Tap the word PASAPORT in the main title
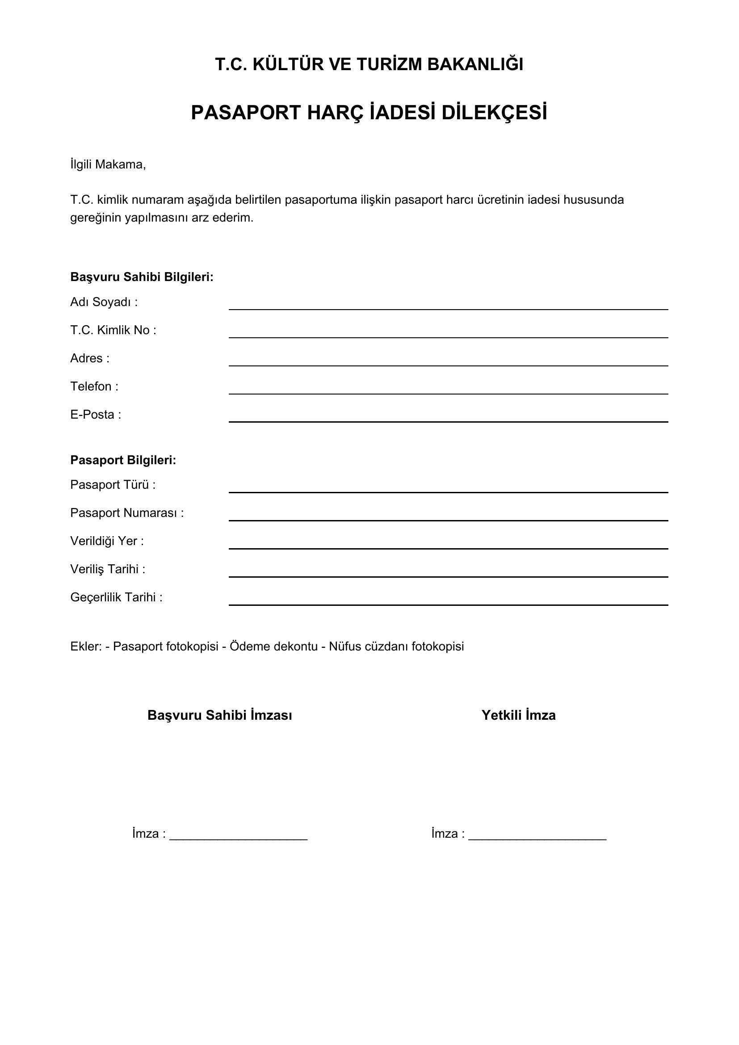tap(246, 113)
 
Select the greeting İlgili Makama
tap(108, 164)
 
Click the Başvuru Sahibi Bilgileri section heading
tap(142, 277)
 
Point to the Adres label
tap(90, 358)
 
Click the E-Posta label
tap(96, 415)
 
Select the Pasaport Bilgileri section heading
tap(123, 460)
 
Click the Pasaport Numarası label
tap(127, 513)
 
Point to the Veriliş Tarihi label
tap(108, 569)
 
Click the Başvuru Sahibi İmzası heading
tap(220, 715)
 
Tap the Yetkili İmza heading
tap(518, 715)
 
